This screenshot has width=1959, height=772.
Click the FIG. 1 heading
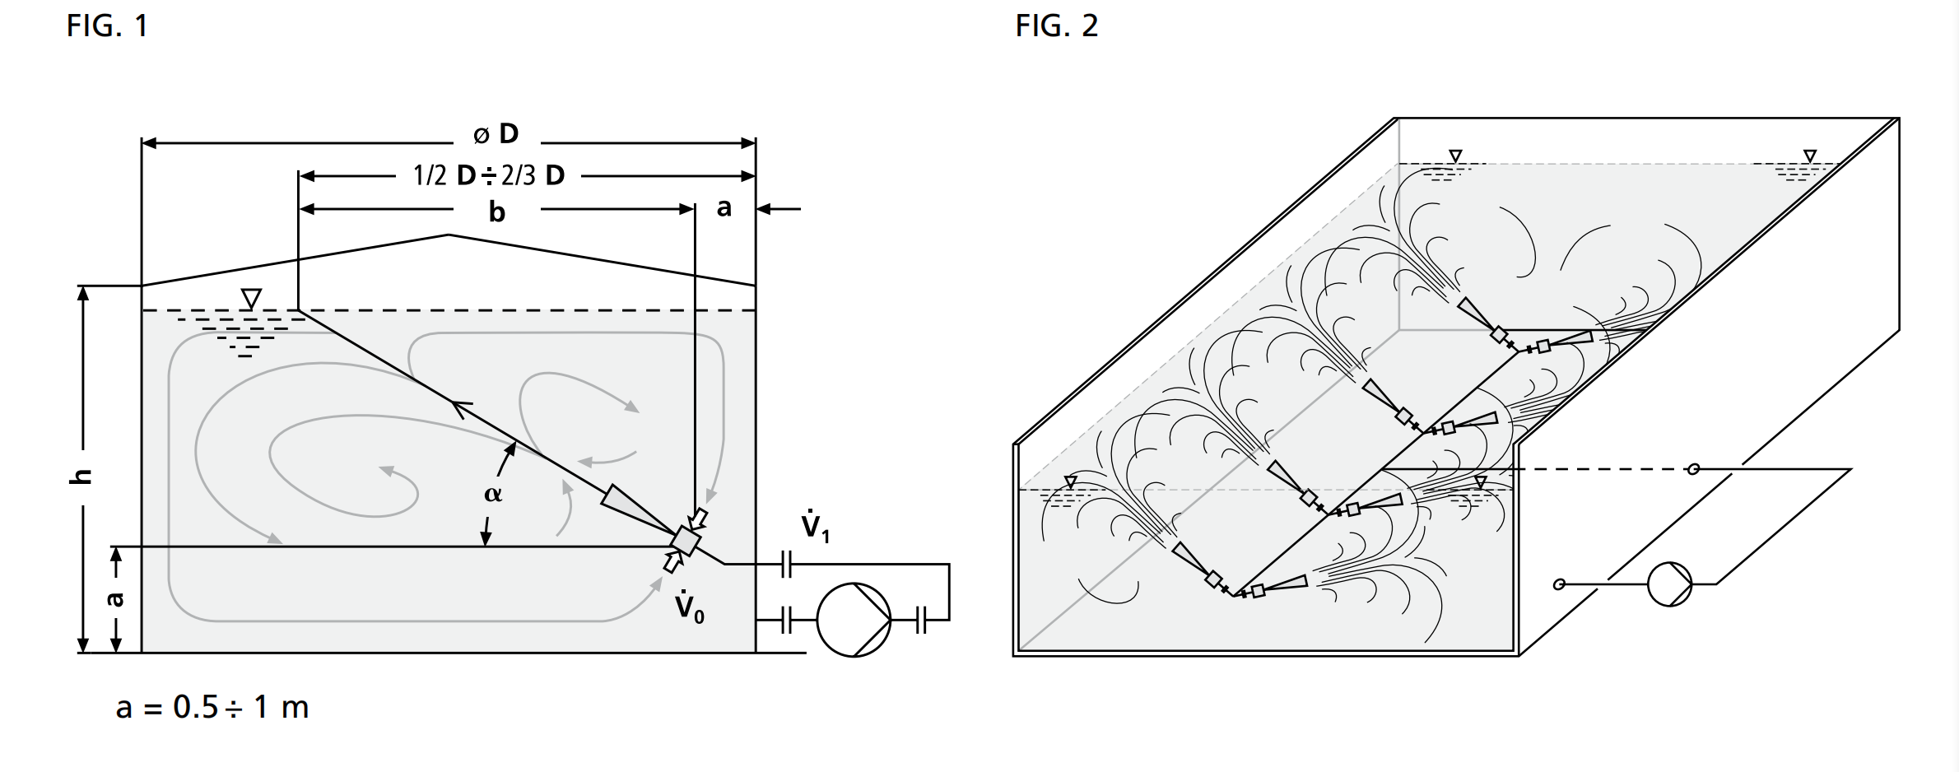point(107,26)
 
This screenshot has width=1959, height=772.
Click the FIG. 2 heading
point(1056,26)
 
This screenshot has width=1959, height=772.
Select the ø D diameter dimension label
point(497,133)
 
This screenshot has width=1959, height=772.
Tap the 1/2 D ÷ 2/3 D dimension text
point(489,175)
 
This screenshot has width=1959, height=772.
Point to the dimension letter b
point(496,212)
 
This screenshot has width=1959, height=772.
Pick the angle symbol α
point(492,494)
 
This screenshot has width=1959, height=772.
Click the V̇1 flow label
point(815,527)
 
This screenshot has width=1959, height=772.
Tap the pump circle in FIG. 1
point(854,620)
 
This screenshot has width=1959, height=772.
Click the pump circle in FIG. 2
point(1669,584)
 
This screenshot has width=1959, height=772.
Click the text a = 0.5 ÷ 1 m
point(212,707)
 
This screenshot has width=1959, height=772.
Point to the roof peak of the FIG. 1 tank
point(449,235)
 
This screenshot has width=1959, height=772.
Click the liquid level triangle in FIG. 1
point(251,298)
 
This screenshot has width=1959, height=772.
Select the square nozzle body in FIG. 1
point(685,540)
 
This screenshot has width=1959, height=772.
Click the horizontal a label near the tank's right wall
point(724,208)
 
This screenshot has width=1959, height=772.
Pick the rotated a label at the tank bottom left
point(116,599)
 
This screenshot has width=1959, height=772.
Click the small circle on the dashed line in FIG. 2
point(1693,469)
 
